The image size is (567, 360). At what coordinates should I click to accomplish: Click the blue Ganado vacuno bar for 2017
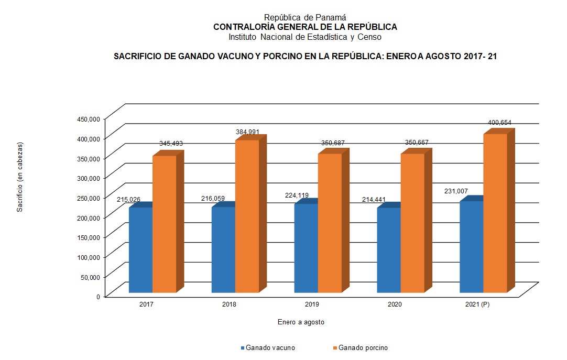(x=140, y=250)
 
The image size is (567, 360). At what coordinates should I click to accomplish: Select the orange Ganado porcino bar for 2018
(x=247, y=216)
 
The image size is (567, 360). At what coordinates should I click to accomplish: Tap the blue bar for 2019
(x=306, y=248)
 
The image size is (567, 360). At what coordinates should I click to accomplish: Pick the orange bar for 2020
(x=412, y=223)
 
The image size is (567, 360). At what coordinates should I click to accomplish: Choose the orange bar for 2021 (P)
(x=495, y=213)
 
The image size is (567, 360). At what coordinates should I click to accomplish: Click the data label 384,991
(x=247, y=132)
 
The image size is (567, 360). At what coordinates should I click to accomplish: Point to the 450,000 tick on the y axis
(x=88, y=118)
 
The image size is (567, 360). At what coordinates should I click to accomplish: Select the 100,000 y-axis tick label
(x=88, y=257)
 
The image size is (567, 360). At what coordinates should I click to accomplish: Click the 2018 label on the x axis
(x=229, y=304)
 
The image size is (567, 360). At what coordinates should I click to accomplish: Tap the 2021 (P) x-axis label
(x=477, y=304)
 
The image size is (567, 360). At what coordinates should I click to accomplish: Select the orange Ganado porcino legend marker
(x=335, y=348)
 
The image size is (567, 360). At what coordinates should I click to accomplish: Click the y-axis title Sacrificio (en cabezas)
(x=20, y=177)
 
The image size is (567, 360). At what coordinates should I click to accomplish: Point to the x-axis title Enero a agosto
(x=301, y=322)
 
